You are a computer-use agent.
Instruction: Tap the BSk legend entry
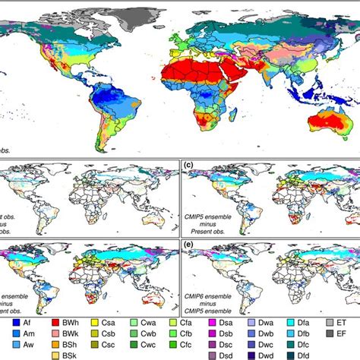click(77, 355)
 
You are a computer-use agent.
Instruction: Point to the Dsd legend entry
click(252, 355)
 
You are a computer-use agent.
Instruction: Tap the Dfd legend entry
click(339, 355)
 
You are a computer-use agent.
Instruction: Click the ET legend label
click(351, 323)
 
